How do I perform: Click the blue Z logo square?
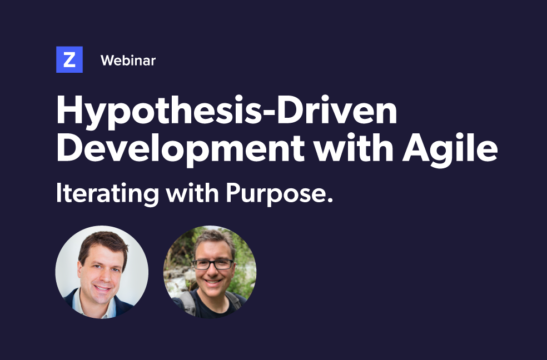coord(69,59)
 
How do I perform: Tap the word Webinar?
coord(128,61)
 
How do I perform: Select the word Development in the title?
coord(180,149)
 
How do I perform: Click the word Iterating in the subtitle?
coord(107,193)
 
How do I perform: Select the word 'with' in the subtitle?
coord(192,192)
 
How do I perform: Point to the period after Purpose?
coord(330,201)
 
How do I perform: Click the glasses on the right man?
coord(213,264)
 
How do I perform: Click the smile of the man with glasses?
coord(212,282)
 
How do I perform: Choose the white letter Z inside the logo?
coord(69,60)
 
